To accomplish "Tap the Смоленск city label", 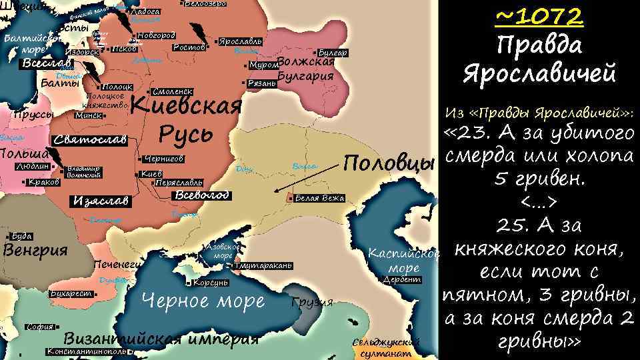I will (x=173, y=91).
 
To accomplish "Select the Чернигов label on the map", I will (x=163, y=159).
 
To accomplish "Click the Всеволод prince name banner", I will (x=201, y=195).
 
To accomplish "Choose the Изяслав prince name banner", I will (x=99, y=201).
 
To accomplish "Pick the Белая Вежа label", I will (x=319, y=198).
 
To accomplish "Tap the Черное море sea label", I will (x=204, y=301).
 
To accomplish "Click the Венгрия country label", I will (x=36, y=251).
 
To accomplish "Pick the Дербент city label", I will (x=402, y=279).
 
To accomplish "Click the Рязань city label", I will (x=261, y=83).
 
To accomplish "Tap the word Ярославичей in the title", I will (x=539, y=73).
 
